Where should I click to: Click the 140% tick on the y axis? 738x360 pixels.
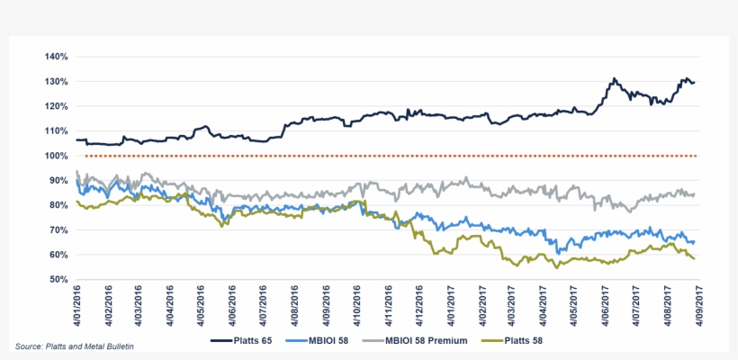(56, 57)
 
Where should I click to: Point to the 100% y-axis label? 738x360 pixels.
(56, 156)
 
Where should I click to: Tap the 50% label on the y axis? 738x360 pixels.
(58, 279)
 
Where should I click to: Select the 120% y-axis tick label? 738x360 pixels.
(56, 106)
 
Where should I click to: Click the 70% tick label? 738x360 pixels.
(58, 229)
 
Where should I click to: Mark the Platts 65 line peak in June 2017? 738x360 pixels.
(613, 79)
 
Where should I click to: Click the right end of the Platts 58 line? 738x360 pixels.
(694, 258)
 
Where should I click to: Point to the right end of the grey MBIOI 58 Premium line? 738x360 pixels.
(694, 194)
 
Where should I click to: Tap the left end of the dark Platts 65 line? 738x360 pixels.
(77, 139)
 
